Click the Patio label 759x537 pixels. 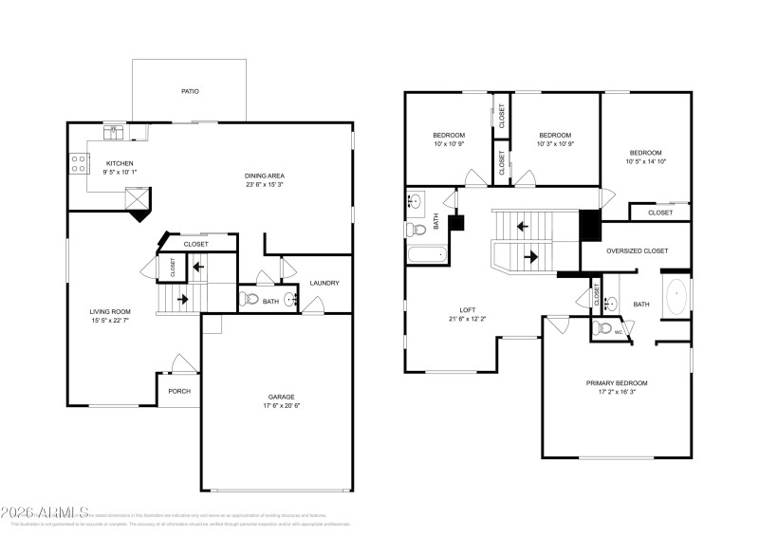coord(190,92)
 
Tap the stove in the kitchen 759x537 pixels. coord(75,163)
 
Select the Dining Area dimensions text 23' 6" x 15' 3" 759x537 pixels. coord(265,185)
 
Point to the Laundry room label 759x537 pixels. coord(324,283)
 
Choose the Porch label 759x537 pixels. coord(179,390)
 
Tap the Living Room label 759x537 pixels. coord(110,311)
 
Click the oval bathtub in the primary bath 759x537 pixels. coord(676,297)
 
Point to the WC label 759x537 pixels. coord(618,332)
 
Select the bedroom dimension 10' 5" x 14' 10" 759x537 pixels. coord(646,162)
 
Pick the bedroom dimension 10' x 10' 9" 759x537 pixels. coord(449,144)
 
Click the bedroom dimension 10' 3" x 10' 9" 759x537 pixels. coord(555,144)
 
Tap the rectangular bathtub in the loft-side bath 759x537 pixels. coord(428,254)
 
